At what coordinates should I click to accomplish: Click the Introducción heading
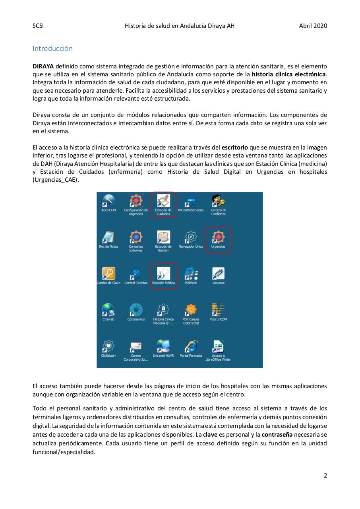[x=52, y=49]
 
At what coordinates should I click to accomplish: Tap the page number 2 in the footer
[x=325, y=475]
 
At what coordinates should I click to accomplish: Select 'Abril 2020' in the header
[x=313, y=26]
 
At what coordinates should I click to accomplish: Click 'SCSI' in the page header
[x=38, y=26]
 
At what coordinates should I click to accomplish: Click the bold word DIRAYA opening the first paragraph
[x=43, y=66]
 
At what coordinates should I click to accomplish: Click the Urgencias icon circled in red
[x=218, y=237]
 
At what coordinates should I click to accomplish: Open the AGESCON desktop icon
[x=108, y=201]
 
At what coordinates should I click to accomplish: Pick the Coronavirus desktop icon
[x=136, y=311]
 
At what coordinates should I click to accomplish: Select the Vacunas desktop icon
[x=218, y=274]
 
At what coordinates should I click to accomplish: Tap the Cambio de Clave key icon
[x=108, y=274]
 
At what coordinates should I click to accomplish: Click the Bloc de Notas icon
[x=108, y=237]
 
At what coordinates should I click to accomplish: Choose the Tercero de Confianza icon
[x=218, y=201]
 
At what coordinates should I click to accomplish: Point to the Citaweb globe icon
[x=108, y=311]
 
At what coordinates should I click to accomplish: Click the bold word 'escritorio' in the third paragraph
[x=234, y=148]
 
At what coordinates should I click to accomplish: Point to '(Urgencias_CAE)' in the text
[x=56, y=180]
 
